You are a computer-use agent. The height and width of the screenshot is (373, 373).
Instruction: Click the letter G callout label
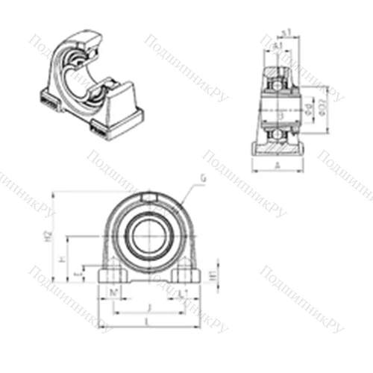coord(203,177)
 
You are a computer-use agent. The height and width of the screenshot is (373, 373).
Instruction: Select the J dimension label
coord(149,306)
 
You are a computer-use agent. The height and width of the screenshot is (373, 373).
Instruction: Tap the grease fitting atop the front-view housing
coord(148,197)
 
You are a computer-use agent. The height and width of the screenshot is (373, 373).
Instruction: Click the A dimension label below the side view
coord(278,166)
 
